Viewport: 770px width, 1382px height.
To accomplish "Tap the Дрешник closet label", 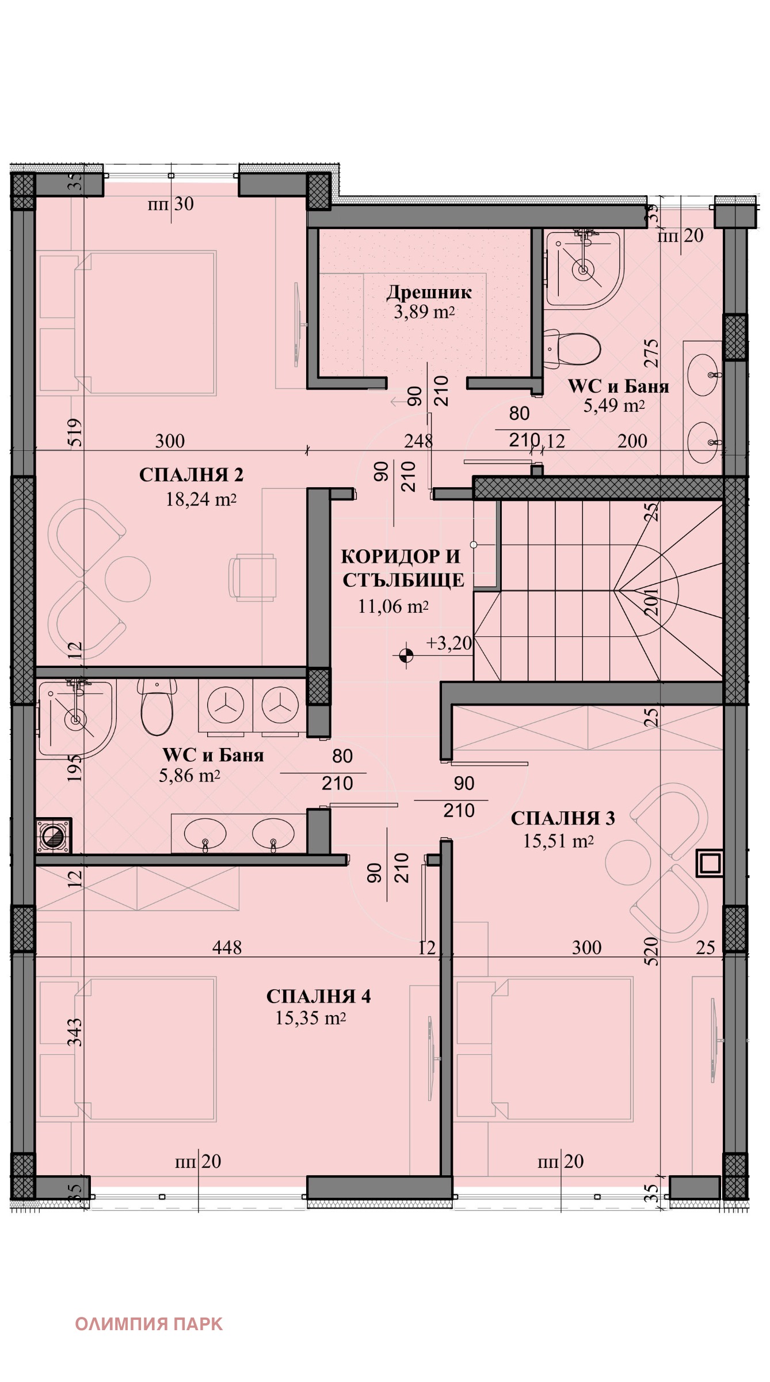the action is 429,293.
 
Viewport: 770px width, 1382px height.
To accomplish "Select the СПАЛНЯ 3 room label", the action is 563,818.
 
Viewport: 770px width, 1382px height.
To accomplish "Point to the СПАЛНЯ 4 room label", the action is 318,996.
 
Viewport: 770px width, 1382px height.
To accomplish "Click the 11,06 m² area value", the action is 393,606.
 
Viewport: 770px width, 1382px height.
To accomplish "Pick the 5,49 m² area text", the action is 614,406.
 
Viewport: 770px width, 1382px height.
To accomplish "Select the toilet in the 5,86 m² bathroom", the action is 157,706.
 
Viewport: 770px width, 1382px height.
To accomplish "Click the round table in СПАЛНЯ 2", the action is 128,579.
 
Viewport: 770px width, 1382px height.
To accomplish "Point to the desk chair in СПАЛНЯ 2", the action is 252,578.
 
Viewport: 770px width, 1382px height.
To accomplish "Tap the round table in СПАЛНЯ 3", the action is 628,862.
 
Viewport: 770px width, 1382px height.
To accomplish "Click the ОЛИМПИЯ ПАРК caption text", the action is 148,1324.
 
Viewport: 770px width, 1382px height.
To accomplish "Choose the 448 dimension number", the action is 227,947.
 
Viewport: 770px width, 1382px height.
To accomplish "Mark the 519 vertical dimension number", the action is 75,432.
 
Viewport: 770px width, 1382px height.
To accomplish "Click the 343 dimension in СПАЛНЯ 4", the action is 75,1032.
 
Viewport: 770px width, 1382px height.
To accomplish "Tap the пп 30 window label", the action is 171,204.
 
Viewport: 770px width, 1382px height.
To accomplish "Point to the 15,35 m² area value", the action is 310,1018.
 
